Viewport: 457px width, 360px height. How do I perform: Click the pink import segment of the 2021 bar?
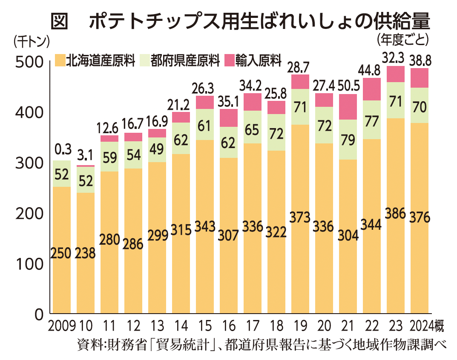348,107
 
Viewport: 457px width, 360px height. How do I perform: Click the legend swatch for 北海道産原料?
60,60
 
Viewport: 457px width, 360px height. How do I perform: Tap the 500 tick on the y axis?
29,62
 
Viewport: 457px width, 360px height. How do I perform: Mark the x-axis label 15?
204,327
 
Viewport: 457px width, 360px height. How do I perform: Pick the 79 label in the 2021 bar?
348,140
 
